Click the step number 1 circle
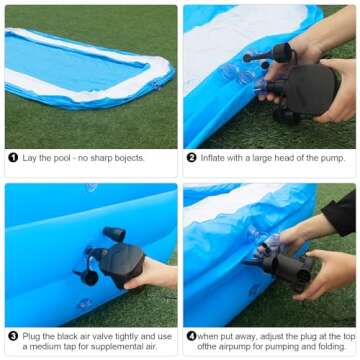click(13, 158)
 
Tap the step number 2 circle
click(192, 158)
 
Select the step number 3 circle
click(13, 336)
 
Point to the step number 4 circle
click(191, 336)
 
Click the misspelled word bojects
click(127, 158)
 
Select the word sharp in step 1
click(99, 158)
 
